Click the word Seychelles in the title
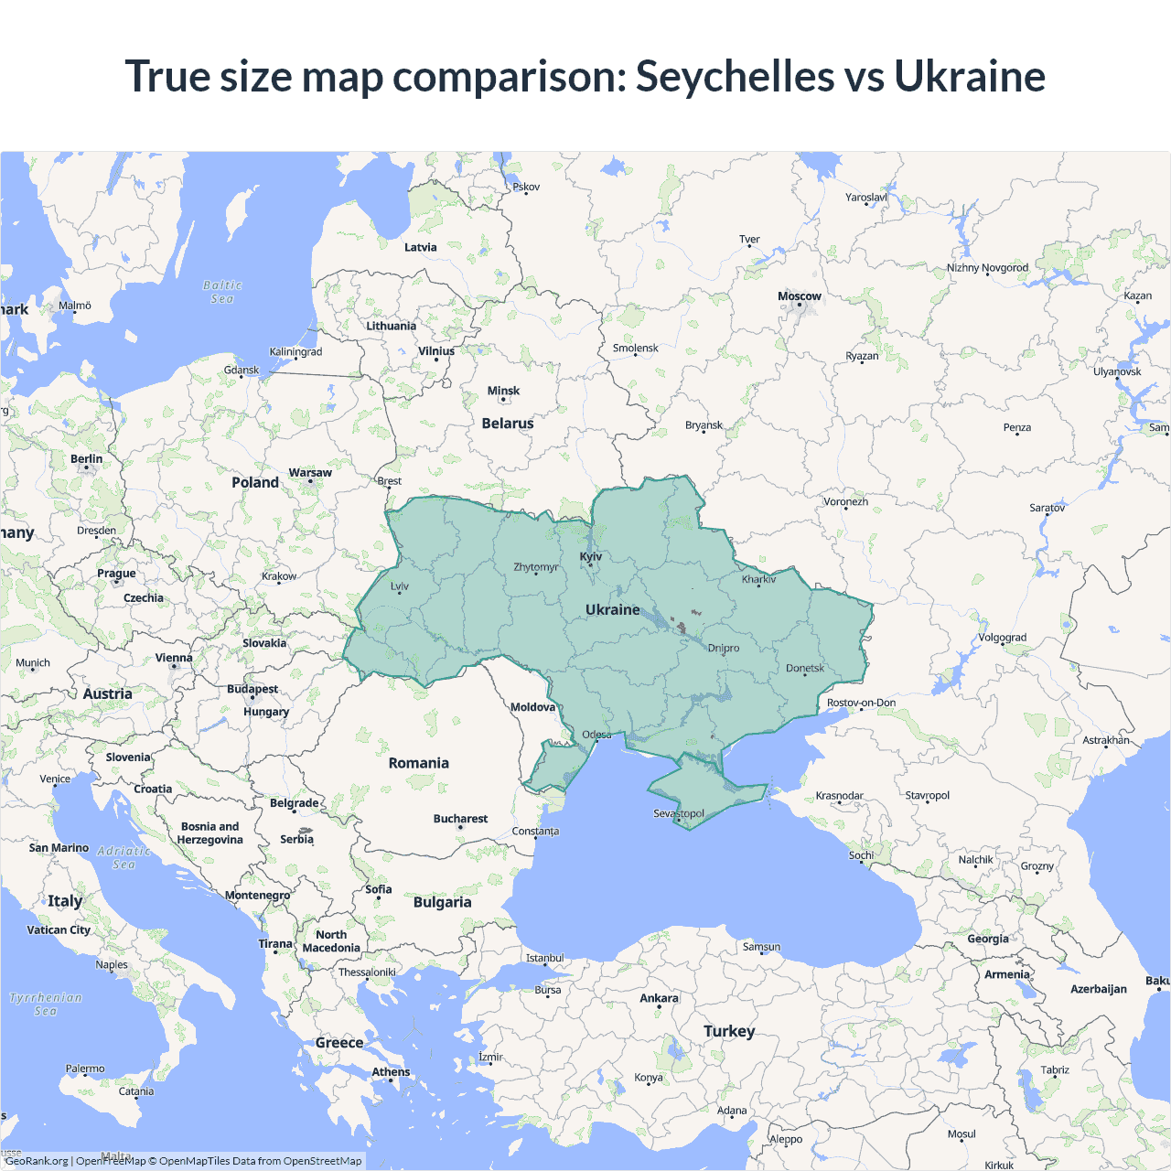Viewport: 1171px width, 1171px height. pos(735,76)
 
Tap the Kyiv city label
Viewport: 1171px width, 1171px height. pos(591,556)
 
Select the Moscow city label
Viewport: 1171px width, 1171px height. pos(799,296)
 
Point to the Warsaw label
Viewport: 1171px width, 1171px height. pos(310,473)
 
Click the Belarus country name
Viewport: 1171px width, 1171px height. pos(507,424)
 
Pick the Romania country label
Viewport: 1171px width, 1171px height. pos(418,763)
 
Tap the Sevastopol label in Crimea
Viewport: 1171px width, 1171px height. pos(678,813)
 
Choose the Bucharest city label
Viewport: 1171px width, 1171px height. pos(460,819)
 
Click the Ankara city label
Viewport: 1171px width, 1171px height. pos(659,998)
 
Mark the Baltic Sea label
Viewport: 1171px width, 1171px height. pos(222,292)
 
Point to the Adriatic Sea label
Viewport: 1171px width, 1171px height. pos(124,857)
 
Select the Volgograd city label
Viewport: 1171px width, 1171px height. pos(1002,638)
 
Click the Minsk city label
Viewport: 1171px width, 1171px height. pos(503,391)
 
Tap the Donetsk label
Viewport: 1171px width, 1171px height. pos(805,668)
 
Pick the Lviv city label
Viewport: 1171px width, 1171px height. pos(400,586)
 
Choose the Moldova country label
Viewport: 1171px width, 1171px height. pos(532,707)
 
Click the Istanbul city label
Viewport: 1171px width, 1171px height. pos(544,958)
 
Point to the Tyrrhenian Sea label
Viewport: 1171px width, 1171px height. pos(46,1004)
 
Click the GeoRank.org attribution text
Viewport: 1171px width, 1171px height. pos(37,1161)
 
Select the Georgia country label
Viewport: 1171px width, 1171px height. pos(988,939)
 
